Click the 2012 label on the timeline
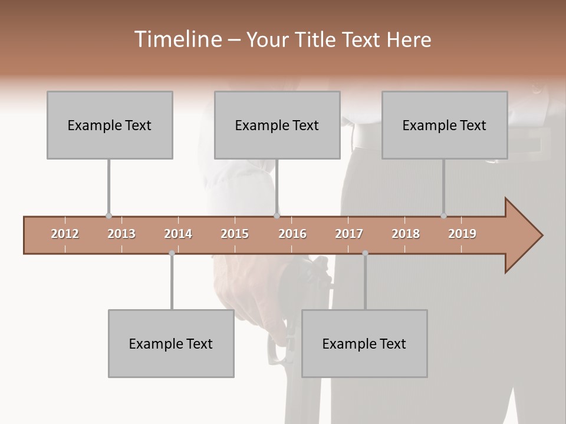click(65, 234)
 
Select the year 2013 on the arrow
click(121, 234)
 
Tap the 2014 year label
click(178, 234)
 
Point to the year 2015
click(235, 234)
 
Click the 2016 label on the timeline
click(292, 234)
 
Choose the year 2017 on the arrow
click(349, 234)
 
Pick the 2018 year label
click(406, 234)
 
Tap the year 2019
click(462, 234)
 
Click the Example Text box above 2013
click(110, 125)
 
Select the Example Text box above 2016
click(277, 125)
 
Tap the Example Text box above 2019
click(445, 125)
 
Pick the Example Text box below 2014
click(171, 343)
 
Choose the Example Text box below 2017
click(364, 343)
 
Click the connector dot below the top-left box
click(108, 216)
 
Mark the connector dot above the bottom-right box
click(365, 253)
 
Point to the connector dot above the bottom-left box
click(172, 253)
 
